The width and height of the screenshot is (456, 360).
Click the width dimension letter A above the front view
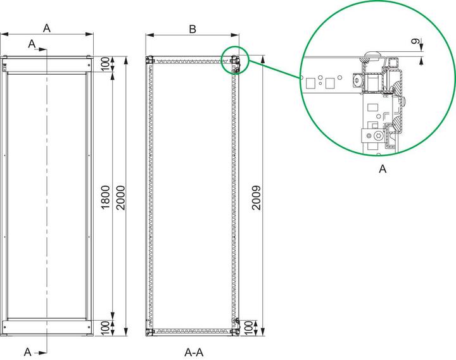(47, 27)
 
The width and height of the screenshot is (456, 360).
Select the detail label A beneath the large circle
(382, 169)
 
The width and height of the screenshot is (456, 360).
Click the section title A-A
(194, 351)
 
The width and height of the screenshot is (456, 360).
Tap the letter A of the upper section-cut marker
(32, 42)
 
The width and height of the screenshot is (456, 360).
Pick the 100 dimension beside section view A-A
(256, 328)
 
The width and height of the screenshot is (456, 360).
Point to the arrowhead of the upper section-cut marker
(44, 48)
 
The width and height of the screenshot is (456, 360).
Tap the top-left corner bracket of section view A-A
(150, 61)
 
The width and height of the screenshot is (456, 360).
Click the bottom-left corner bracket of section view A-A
(150, 330)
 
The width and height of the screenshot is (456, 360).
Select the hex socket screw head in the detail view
(379, 136)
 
